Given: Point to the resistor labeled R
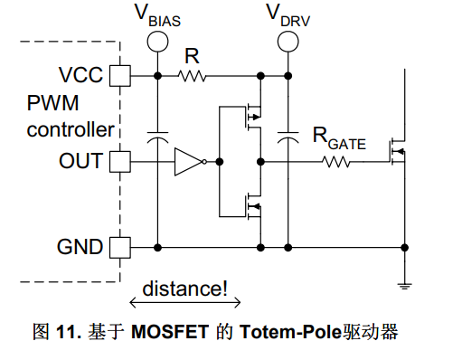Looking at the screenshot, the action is pos(192,76).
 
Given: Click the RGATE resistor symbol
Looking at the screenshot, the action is pos(336,162).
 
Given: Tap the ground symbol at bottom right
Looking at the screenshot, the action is pos(405,286).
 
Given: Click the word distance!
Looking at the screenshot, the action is pos(184,289).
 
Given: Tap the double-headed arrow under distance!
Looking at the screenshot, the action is pos(184,302).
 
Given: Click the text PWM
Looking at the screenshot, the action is pos(52,103).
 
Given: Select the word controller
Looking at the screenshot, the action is pos(71,129).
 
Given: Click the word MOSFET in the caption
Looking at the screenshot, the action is pos(170,332).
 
